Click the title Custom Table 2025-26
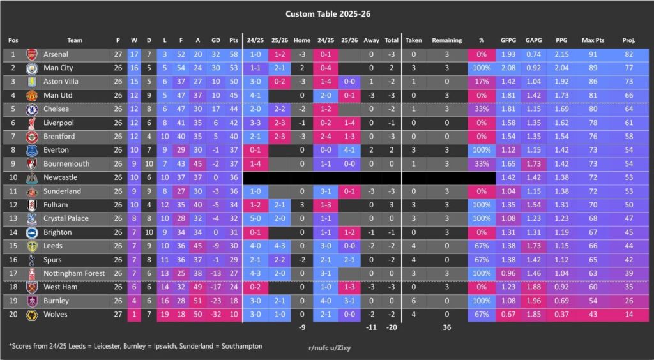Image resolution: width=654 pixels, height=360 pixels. pyautogui.click(x=326, y=13)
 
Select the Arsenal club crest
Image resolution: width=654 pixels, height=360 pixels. pyautogui.click(x=32, y=55)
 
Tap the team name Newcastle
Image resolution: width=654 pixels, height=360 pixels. pyautogui.click(x=61, y=177)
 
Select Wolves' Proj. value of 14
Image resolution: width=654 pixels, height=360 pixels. pyautogui.click(x=628, y=314)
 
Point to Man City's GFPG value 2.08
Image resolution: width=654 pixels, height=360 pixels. pyautogui.click(x=508, y=68)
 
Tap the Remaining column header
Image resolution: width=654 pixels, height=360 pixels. pyautogui.click(x=446, y=40)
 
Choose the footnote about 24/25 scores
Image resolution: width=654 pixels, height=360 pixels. pyautogui.click(x=135, y=345)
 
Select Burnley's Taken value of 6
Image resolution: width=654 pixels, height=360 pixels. pyautogui.click(x=414, y=301)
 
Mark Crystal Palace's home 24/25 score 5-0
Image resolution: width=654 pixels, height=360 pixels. pyautogui.click(x=255, y=218)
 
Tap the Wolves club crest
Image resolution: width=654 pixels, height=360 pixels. pyautogui.click(x=32, y=314)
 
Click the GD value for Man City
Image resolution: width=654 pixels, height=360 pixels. pyautogui.click(x=198, y=68)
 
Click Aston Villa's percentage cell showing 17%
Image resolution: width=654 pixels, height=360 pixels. pyautogui.click(x=482, y=82)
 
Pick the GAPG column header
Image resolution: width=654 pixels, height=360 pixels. pyautogui.click(x=534, y=40)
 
